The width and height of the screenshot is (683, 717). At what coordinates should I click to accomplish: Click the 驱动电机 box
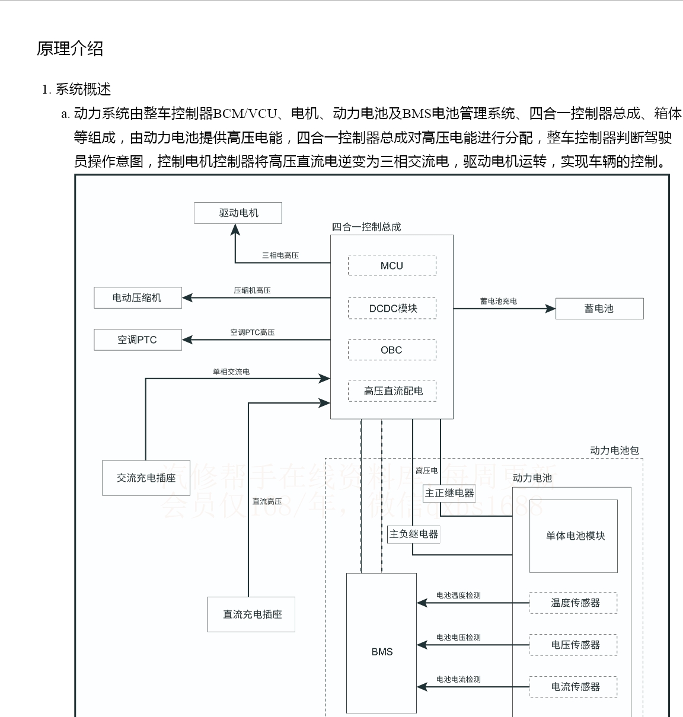[238, 213]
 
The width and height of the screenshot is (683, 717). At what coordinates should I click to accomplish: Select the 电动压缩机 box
[138, 297]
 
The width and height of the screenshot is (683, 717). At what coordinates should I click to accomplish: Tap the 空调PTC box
[138, 340]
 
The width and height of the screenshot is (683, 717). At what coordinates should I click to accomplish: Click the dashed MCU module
[392, 265]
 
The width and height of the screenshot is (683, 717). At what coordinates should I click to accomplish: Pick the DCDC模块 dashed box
[392, 308]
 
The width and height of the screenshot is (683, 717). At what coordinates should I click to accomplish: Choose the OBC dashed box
[392, 350]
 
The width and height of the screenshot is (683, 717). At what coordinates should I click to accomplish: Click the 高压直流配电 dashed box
[392, 390]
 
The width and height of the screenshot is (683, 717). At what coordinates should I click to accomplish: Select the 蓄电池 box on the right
[599, 308]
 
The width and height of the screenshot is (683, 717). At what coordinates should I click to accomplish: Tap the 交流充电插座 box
[146, 478]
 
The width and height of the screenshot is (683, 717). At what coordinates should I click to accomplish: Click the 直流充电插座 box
[251, 614]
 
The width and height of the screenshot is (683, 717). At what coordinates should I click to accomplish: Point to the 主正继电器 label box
[449, 493]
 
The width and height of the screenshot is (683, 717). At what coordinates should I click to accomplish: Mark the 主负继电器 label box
[414, 534]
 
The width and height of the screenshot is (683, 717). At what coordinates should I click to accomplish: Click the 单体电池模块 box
[574, 536]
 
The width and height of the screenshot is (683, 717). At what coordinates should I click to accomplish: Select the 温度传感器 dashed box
[573, 603]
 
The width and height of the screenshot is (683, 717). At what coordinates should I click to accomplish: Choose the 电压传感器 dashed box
[573, 645]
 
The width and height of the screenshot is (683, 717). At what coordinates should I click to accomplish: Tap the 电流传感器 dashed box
[573, 687]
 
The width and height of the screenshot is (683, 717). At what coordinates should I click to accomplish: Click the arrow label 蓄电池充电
[498, 301]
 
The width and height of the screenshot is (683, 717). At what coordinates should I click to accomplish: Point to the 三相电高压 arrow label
[280, 255]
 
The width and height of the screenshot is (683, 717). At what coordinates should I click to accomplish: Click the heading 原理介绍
[70, 49]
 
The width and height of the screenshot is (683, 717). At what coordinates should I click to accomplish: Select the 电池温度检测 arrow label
[458, 596]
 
